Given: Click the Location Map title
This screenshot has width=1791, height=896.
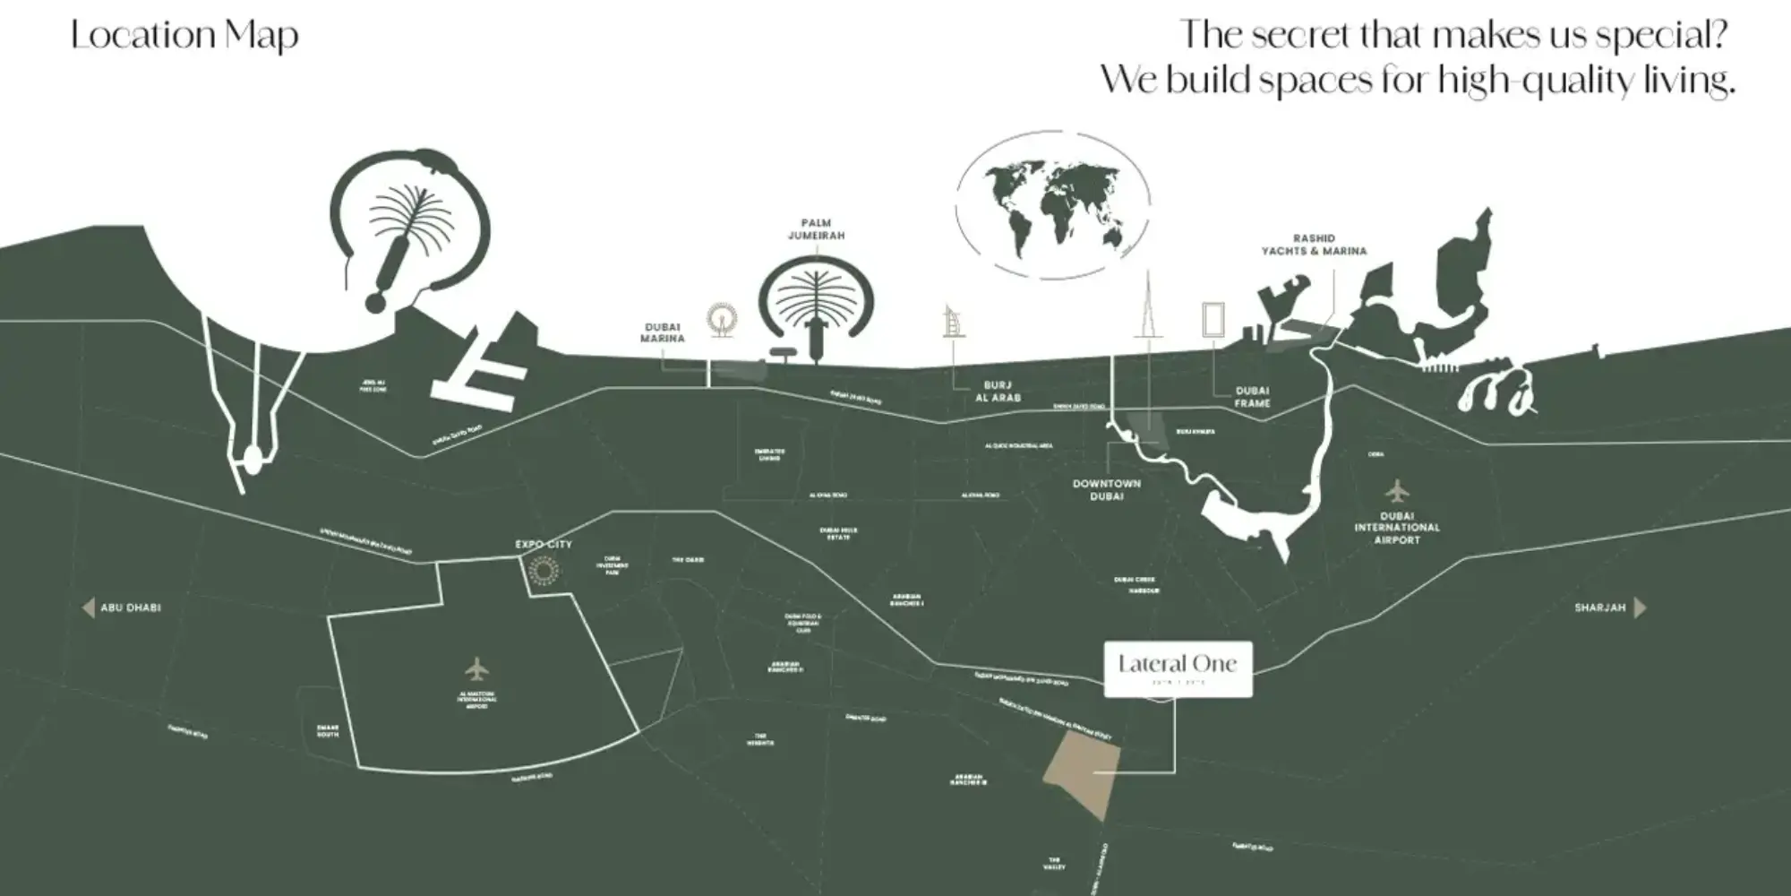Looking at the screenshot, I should pos(184,36).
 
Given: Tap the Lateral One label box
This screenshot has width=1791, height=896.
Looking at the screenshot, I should pos(1178,668).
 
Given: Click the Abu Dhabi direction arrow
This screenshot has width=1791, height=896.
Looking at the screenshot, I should pos(89,608).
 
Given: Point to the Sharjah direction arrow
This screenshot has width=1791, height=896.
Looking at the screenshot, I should pos(1640,607).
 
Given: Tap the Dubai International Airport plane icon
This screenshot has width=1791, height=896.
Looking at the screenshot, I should pos(1397,491).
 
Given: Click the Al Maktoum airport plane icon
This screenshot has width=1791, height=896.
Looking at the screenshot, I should pos(477,669).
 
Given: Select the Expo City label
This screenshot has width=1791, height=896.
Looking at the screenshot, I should pos(543,545).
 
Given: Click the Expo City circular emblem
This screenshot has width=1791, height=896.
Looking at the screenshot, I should pos(543,572).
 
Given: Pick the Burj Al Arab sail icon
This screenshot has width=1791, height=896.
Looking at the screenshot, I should pos(954,322).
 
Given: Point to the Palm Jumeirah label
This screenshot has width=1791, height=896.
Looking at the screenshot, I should pos(816,229).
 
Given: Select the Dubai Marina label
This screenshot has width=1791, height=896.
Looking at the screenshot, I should pos(663,332).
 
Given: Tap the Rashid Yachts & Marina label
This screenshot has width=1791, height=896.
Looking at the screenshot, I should pos(1314,245).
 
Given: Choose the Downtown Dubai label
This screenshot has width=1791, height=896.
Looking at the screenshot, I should pos(1107,489).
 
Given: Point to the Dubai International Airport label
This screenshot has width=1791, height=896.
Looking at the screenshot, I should pos(1397,528).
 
